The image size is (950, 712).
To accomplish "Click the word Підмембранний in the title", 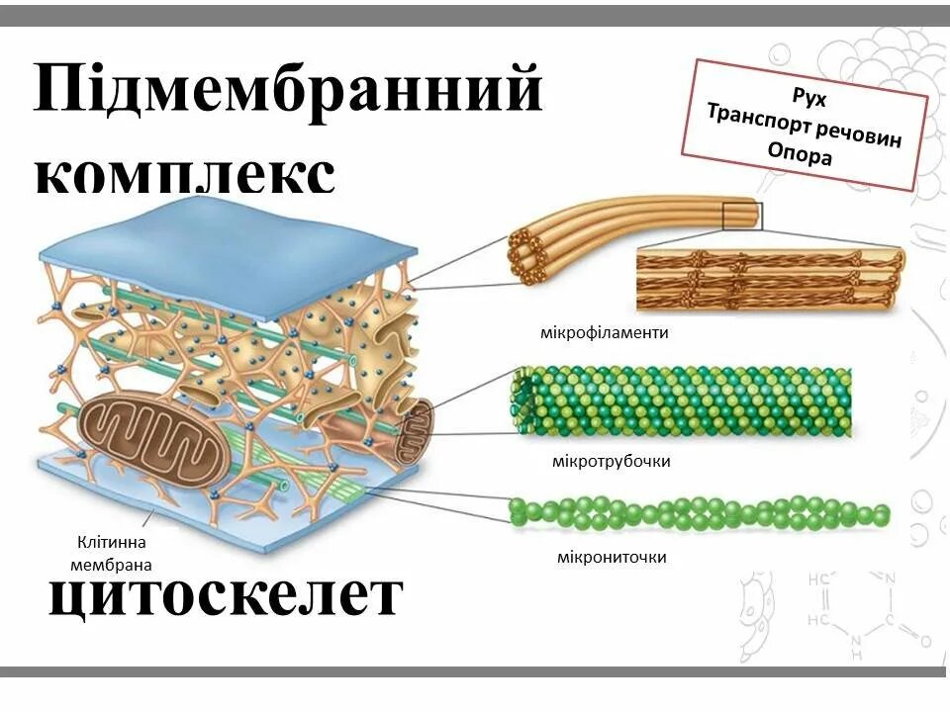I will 288,91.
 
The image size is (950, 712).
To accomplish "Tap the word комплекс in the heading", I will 185,176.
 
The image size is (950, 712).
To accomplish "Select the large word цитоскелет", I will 227,596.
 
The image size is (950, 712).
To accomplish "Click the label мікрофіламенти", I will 605,332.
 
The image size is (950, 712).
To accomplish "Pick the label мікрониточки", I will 611,558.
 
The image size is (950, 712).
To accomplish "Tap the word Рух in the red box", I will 808,97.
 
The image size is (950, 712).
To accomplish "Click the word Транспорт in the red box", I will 757,119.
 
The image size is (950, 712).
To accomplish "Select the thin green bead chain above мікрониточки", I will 698,513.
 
